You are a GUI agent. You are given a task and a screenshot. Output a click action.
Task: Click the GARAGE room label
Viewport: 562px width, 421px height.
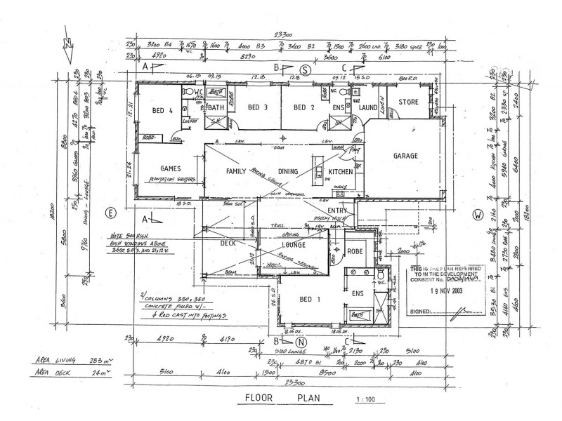click(405, 156)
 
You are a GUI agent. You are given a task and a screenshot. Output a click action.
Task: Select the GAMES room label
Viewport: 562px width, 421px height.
click(171, 169)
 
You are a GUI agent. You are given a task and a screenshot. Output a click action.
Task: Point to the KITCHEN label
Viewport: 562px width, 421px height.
click(341, 172)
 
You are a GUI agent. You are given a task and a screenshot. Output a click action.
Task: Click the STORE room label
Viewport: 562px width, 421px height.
click(409, 102)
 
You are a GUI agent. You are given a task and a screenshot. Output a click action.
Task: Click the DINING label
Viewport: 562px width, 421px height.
click(288, 171)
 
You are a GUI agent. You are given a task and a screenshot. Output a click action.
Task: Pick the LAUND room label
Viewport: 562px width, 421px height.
click(368, 108)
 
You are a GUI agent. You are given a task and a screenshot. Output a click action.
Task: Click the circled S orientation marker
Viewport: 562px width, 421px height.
click(305, 68)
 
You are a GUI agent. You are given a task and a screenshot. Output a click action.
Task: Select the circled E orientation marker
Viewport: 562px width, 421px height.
click(110, 212)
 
